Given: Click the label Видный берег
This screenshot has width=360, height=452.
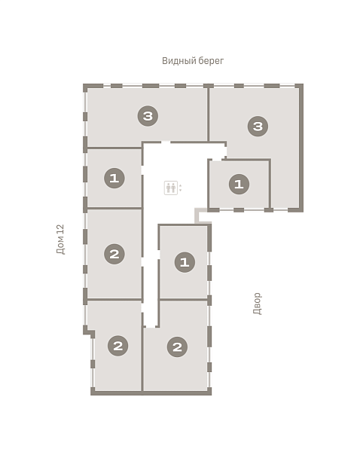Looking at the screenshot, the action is tap(193, 61).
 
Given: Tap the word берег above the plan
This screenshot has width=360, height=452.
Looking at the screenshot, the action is tap(210, 61).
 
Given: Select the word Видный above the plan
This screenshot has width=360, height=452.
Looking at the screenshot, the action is tap(178, 61).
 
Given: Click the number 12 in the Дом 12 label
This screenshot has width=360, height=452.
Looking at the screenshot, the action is tap(60, 229).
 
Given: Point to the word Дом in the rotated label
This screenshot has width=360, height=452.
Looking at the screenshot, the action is tap(60, 246).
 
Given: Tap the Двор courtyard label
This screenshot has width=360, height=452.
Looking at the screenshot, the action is tap(257, 304).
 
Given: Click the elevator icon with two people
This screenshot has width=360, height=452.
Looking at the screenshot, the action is tap(171, 188).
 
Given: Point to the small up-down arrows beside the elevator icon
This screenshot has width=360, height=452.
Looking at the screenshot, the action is tap(181, 188).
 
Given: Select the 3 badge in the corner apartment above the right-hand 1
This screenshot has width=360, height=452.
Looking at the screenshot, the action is tap(258, 127).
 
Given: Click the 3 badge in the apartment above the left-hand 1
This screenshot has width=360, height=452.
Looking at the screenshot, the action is tap(148, 116).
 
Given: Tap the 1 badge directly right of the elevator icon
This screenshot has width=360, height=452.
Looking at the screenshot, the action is tap(239, 184).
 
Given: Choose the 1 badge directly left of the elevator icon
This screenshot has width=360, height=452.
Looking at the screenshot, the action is tap(114, 178).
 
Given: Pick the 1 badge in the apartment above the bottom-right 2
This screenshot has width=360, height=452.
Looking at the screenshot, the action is tap(185, 262).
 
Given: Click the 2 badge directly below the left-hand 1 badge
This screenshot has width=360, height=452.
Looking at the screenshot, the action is tap(114, 254).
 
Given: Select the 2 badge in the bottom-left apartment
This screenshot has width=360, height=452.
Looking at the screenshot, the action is tap(118, 346).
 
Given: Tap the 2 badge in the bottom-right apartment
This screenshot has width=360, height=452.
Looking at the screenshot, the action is tap(177, 347).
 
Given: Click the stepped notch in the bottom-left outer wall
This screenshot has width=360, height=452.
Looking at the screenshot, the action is tap(89, 331).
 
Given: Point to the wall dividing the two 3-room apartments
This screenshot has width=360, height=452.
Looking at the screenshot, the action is tap(208, 115).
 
